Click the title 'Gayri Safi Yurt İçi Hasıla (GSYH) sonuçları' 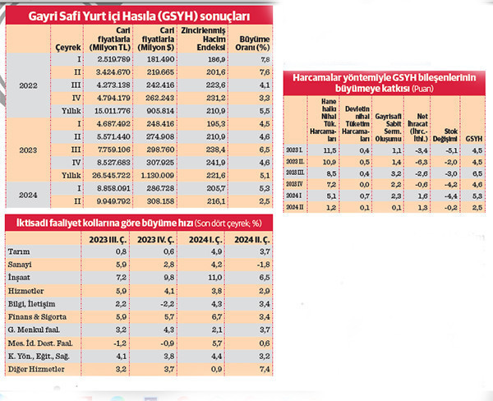click(x=140, y=16)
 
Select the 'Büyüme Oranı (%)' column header click(x=254, y=43)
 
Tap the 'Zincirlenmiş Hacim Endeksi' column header click(x=205, y=43)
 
